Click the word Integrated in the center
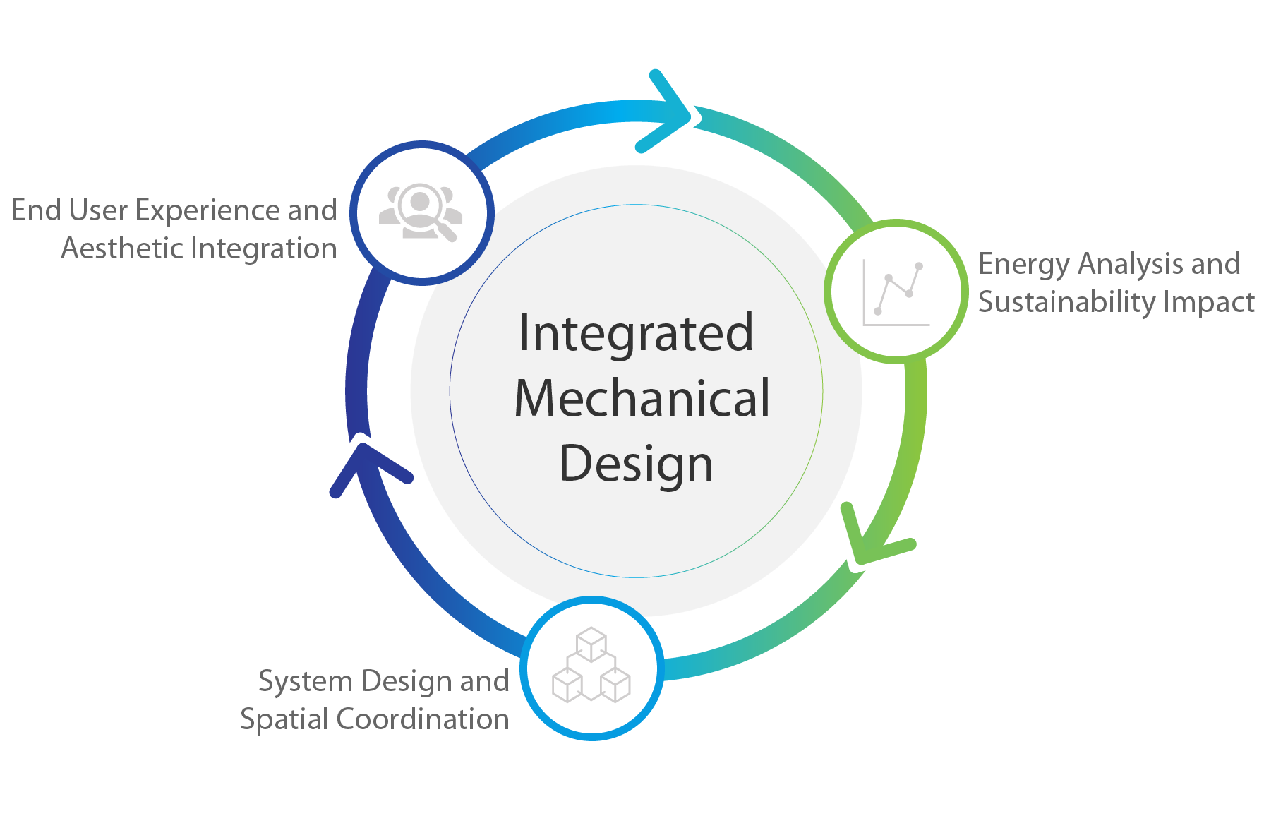tap(636, 333)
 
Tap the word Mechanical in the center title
tap(642, 399)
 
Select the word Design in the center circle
tap(636, 464)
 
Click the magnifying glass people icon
tap(421, 212)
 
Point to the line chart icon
tap(896, 292)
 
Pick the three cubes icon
tap(591, 666)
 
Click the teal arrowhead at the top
tap(667, 113)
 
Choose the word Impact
tap(1209, 302)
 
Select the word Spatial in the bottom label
tap(284, 720)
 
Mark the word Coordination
tap(422, 719)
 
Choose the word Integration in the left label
tap(264, 248)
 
